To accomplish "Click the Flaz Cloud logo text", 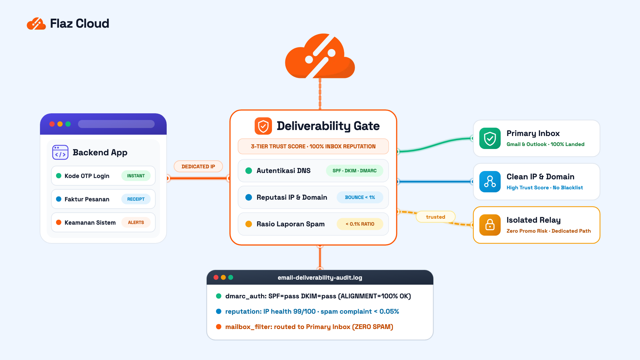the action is tap(79, 23).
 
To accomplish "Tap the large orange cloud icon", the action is tap(320, 56).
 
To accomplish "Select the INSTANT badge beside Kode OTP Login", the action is tap(136, 176).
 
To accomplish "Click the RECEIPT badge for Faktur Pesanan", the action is tap(136, 199).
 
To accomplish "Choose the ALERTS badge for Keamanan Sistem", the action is tap(136, 222).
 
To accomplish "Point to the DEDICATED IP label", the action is tap(198, 166).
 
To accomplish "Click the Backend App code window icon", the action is tap(60, 152).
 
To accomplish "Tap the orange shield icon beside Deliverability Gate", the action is tap(263, 126).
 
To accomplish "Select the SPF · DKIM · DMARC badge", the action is tap(354, 171).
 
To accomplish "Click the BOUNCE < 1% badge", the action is tap(360, 197).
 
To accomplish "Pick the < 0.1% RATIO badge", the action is tap(360, 224).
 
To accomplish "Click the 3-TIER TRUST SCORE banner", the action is tap(313, 146).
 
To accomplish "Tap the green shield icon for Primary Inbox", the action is tap(490, 138).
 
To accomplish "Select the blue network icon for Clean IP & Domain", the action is tap(490, 182).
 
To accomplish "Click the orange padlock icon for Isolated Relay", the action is tap(490, 225).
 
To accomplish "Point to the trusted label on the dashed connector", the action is tap(436, 217).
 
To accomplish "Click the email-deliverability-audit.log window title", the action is tap(320, 278).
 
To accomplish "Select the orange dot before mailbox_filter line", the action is tap(219, 327).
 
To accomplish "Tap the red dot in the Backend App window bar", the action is tap(52, 124).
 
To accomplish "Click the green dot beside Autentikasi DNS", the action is tap(249, 171).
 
